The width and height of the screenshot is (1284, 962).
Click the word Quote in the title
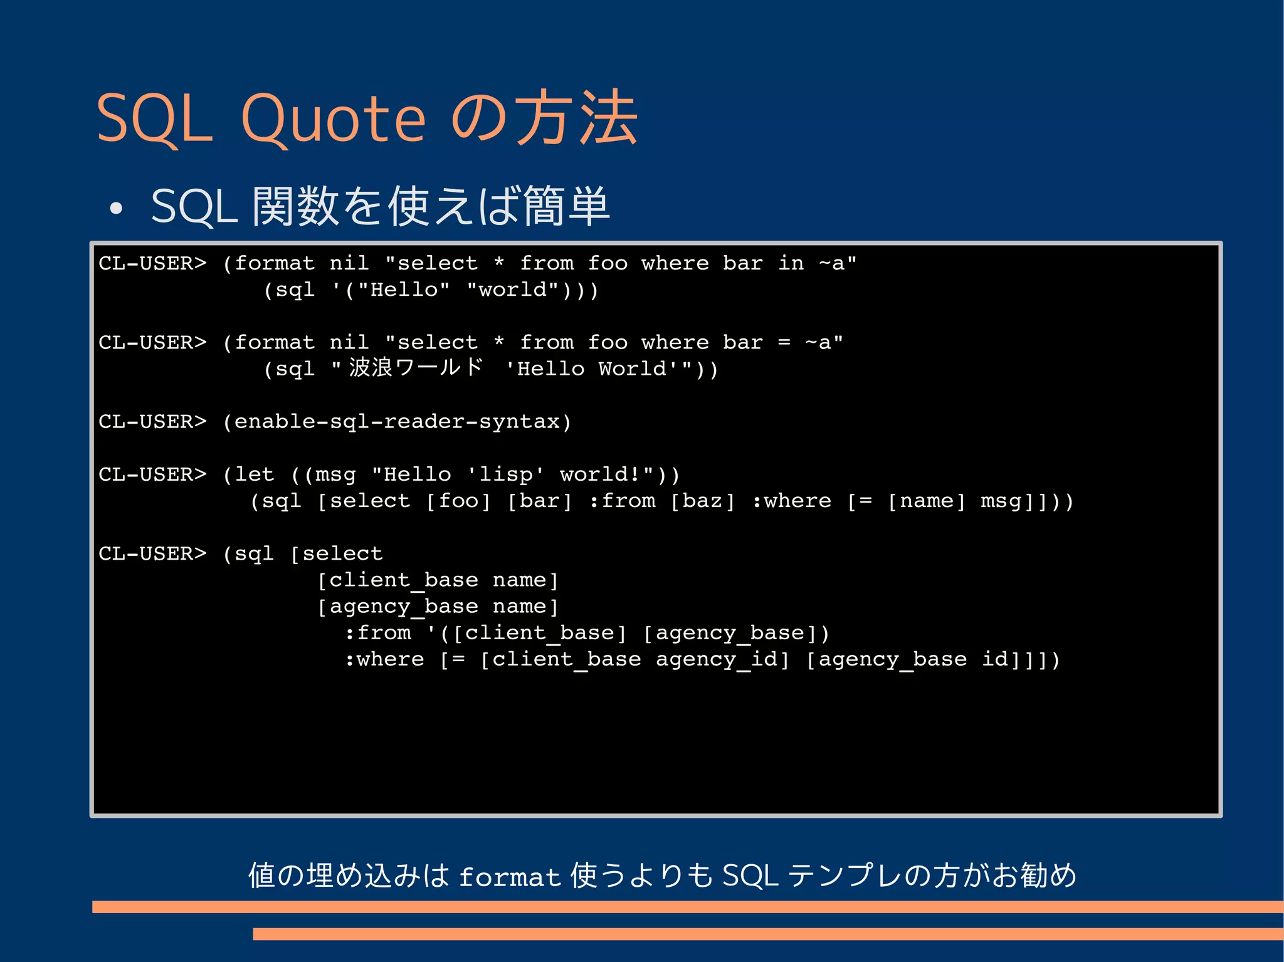(x=334, y=119)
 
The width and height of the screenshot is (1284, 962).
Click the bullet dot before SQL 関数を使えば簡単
(x=116, y=209)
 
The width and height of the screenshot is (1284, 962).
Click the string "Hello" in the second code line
(x=403, y=290)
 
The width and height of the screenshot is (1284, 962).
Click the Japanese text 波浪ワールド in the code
(x=416, y=368)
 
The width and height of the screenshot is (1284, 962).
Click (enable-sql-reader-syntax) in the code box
(x=397, y=422)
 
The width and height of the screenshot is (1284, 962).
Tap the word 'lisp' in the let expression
(x=505, y=474)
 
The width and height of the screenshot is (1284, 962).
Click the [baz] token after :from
(x=702, y=501)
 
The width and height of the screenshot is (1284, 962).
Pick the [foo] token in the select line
(x=458, y=501)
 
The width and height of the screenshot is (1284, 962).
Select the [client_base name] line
(x=438, y=580)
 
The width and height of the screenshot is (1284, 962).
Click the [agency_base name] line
(x=438, y=607)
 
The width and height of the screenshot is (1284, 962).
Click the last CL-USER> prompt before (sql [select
(x=152, y=554)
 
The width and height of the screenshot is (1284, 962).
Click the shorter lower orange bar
(x=767, y=934)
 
